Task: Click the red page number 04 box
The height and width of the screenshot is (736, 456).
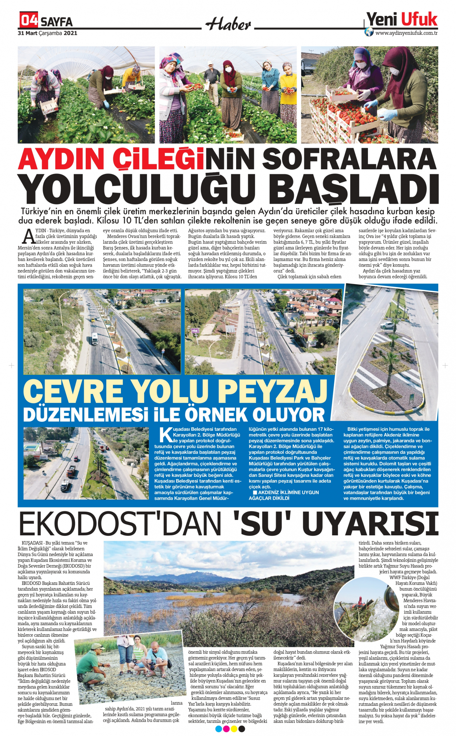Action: [x=29, y=20]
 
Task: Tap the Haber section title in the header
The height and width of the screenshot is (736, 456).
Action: [x=228, y=24]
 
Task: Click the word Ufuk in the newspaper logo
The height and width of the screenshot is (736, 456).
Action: [x=419, y=19]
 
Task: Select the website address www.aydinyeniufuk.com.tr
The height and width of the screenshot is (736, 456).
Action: [x=406, y=33]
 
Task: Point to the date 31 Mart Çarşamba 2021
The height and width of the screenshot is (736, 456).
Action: [x=47, y=33]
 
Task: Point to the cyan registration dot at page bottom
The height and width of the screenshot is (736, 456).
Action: [x=218, y=729]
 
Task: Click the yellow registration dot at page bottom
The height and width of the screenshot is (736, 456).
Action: [x=234, y=729]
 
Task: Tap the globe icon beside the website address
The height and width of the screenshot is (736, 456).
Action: [x=369, y=32]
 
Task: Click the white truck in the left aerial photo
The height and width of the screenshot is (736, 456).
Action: [x=94, y=339]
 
